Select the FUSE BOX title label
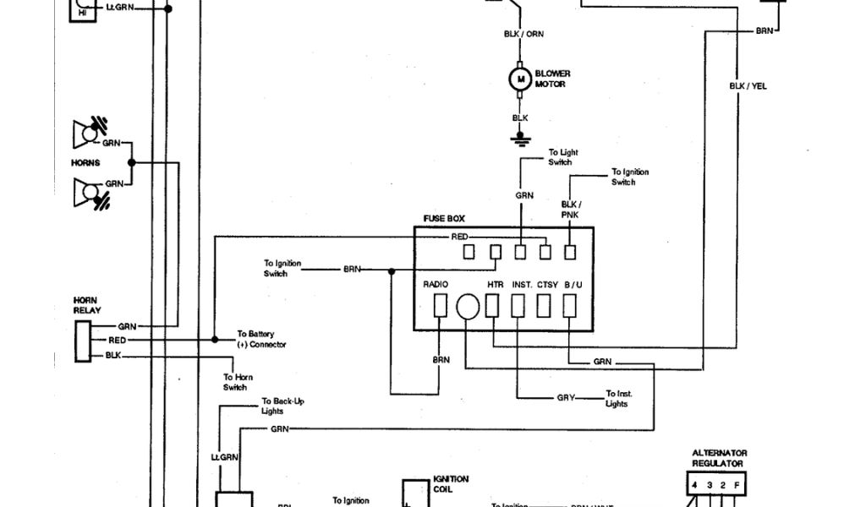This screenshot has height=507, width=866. point(444,219)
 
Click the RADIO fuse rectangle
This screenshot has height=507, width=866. point(440,305)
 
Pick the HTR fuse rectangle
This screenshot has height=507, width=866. point(492,305)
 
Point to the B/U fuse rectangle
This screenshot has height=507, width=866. point(571,305)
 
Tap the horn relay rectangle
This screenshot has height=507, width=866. point(83,341)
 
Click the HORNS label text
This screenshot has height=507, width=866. point(85,163)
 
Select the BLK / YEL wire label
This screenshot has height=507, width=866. point(748,86)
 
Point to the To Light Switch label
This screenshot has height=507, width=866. point(559,157)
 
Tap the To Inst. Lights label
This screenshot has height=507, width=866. point(618,399)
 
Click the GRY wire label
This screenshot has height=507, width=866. point(566,397)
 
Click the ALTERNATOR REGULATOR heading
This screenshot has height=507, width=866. point(719,458)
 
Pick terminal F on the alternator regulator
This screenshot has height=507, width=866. point(737,485)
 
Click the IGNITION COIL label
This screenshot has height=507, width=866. point(450,483)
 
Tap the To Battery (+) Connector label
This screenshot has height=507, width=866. point(261,339)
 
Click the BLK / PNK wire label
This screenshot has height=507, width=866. point(570,210)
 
